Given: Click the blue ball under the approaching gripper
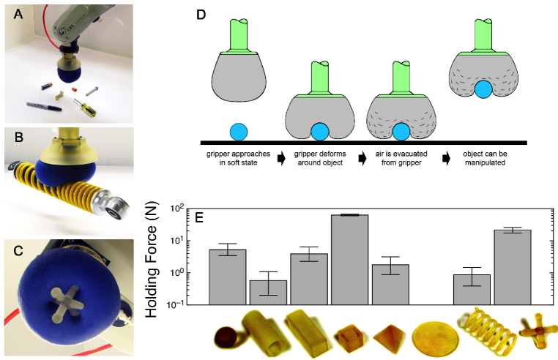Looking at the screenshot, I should [239, 132].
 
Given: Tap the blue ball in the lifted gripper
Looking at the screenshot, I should [483, 89].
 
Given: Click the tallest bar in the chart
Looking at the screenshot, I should [349, 259].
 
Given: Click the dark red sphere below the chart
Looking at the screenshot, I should [226, 338].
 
